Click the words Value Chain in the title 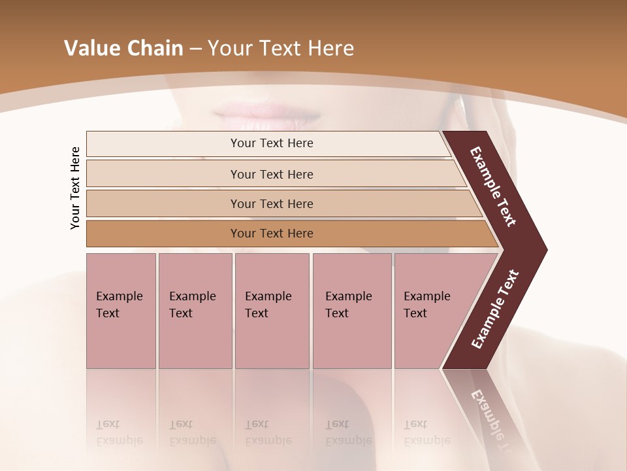(123, 48)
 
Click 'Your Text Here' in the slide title (281, 48)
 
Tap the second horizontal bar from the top (271, 174)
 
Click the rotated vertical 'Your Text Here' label (75, 188)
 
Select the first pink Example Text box (121, 311)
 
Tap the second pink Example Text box (195, 311)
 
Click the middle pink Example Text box (272, 311)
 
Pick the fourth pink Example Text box (351, 311)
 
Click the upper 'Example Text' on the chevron (493, 186)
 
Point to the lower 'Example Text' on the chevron (495, 309)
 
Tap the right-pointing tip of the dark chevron (543, 249)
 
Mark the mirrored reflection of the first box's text (120, 432)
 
